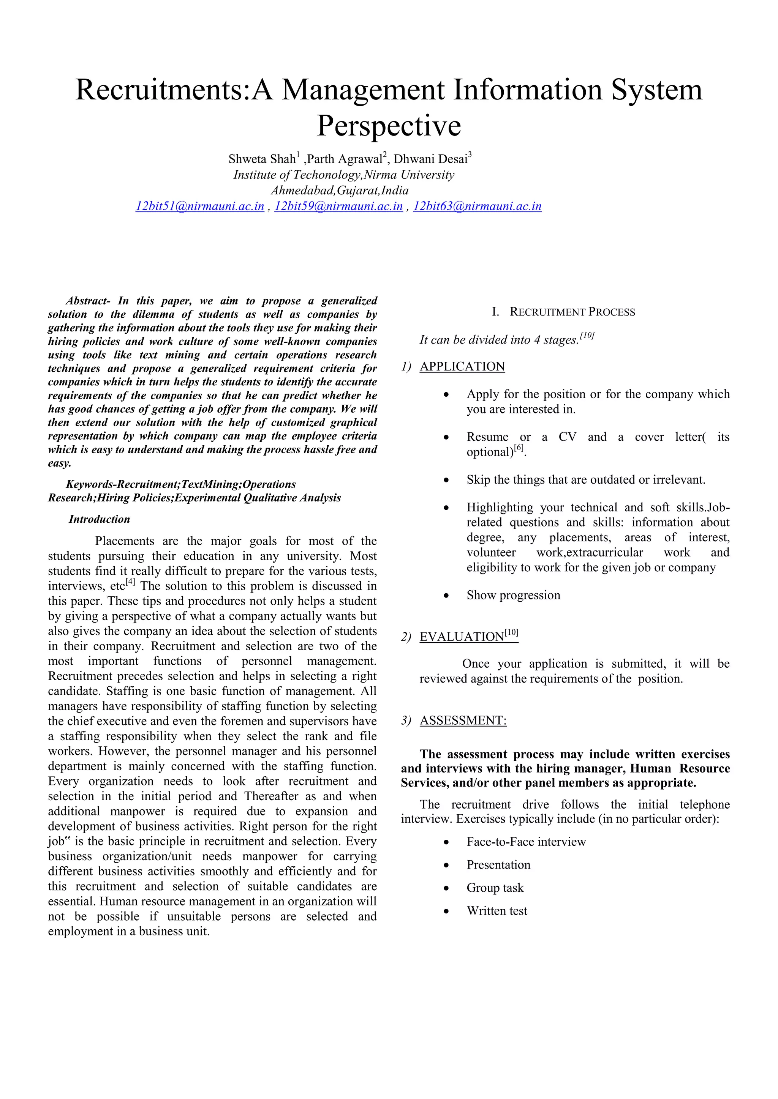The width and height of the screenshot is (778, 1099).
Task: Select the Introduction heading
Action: point(99,519)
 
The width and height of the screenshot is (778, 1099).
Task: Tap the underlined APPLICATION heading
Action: point(462,367)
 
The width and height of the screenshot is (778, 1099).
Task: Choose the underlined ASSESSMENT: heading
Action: point(463,721)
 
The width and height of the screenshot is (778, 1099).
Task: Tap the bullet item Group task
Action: point(495,888)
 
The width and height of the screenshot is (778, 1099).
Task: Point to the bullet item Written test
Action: point(497,911)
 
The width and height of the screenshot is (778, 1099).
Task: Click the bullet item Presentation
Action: point(498,865)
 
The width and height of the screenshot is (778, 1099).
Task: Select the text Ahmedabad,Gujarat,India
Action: point(340,191)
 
